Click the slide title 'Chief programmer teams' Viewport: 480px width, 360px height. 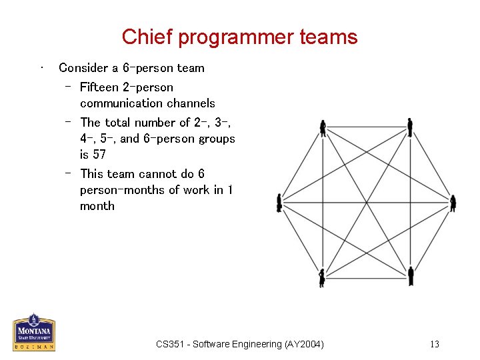[239, 37]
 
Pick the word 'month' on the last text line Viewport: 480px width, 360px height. [97, 206]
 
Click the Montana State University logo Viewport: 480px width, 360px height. [34, 332]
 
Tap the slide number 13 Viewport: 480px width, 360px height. [435, 345]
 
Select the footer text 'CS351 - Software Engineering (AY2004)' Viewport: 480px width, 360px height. [240, 345]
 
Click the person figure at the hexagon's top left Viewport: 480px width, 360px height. [323, 128]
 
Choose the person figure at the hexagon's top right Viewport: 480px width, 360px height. [410, 127]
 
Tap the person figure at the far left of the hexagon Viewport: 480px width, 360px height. [279, 203]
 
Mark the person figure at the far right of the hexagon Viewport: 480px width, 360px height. [453, 203]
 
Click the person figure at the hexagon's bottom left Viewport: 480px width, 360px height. [323, 277]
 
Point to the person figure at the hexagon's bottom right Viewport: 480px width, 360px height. [411, 275]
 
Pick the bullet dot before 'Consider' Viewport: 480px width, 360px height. [42, 67]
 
